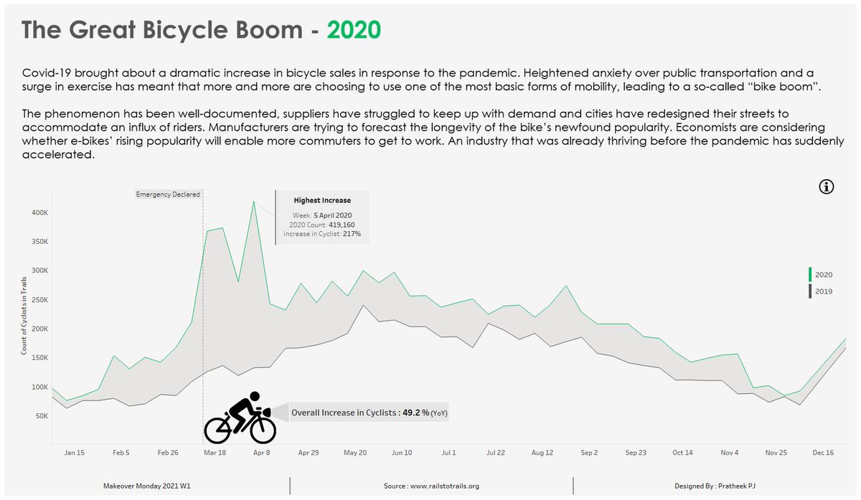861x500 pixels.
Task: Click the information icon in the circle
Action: tap(827, 187)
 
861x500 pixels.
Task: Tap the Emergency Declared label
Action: tap(168, 194)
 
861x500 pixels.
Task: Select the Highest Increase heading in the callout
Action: tap(322, 201)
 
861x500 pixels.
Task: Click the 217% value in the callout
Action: tap(352, 234)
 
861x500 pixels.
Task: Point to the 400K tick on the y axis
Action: tap(39, 213)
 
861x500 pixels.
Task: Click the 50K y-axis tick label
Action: tap(41, 416)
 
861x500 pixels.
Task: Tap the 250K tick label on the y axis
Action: tap(39, 300)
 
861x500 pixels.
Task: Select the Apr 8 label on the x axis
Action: tap(261, 453)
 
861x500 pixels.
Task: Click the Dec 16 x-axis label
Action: tap(822, 453)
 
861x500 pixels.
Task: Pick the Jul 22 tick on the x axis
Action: tap(496, 453)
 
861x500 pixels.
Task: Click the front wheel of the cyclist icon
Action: tap(261, 430)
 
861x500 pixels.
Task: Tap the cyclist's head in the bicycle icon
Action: tap(253, 397)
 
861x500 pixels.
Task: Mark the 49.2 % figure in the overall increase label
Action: tap(415, 413)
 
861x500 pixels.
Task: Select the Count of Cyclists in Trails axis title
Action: tap(24, 318)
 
